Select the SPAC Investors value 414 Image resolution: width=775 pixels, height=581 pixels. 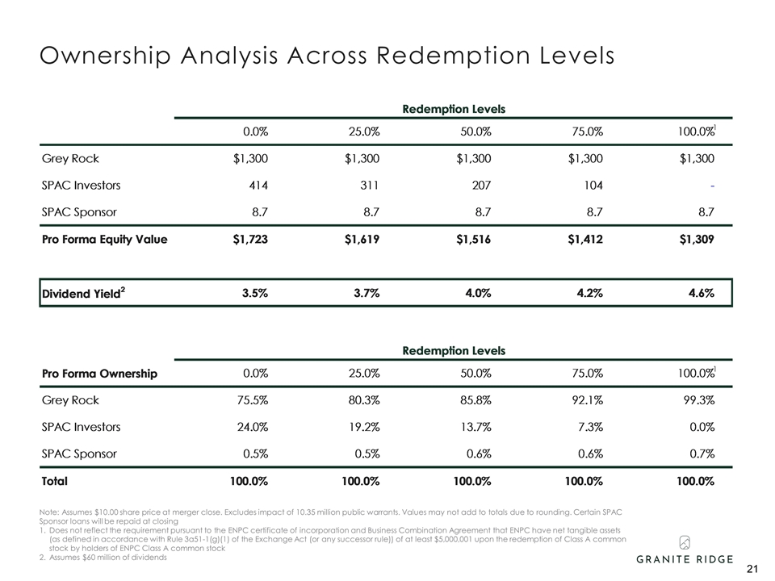coord(258,185)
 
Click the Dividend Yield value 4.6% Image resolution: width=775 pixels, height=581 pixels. coord(701,294)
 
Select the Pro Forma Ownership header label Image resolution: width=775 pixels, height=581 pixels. coord(99,374)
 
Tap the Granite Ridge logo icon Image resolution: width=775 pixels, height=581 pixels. coord(684,541)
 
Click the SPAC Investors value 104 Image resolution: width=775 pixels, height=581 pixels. coord(593,185)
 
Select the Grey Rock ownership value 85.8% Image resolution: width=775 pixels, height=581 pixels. coord(475,399)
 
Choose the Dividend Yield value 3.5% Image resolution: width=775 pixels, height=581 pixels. coord(255,294)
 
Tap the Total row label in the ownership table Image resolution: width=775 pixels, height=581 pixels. coord(55,481)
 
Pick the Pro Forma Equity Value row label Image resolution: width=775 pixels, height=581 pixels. coord(104,239)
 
